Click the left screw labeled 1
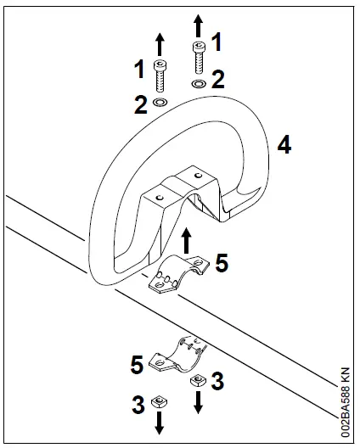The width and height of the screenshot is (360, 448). click(159, 76)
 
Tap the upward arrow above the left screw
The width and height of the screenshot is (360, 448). click(159, 44)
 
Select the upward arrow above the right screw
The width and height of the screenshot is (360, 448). click(197, 23)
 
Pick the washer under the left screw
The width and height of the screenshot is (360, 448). click(159, 103)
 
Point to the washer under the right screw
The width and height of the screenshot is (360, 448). click(197, 85)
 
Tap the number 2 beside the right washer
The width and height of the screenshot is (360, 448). click(218, 81)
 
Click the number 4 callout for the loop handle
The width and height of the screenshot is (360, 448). click(284, 145)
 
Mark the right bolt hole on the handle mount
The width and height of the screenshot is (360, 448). click(197, 176)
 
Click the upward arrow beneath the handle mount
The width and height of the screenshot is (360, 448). click(187, 237)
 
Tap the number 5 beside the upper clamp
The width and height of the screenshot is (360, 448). click(222, 264)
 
